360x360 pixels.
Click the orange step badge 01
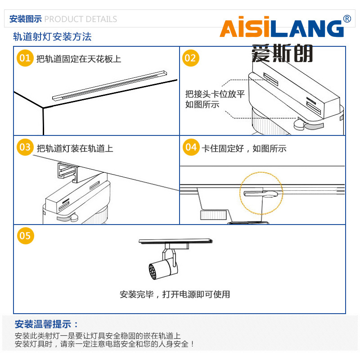point(25,58)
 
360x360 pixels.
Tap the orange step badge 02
point(191,58)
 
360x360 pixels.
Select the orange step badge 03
point(25,148)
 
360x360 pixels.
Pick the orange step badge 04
point(191,148)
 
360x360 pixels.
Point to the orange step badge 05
point(25,236)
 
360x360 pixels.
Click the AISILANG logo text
point(281,29)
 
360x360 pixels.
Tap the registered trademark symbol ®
point(347,19)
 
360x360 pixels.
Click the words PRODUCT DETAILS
point(81,19)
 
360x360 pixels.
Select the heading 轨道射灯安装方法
point(52,37)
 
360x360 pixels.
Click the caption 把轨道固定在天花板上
point(79,59)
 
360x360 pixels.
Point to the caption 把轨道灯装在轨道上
point(75,148)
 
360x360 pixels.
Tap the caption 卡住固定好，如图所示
point(244,148)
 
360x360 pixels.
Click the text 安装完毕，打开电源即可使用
point(175,294)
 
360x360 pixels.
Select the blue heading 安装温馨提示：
point(47,324)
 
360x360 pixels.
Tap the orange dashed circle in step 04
point(261,193)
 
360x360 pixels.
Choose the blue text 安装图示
point(26,19)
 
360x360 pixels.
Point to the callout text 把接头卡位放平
point(215,94)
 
